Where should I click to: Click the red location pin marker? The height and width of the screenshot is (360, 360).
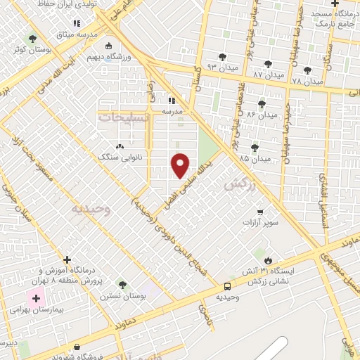(x=181, y=164)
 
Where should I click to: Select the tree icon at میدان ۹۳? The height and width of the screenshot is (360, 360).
(x=223, y=57)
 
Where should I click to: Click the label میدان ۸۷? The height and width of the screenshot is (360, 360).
(x=268, y=74)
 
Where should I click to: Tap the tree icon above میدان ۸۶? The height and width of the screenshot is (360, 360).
(x=262, y=103)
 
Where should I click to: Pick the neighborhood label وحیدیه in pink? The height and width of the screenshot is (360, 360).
(x=91, y=209)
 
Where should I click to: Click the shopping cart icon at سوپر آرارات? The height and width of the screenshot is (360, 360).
(x=260, y=212)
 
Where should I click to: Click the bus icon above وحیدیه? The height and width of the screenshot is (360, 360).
(x=227, y=286)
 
